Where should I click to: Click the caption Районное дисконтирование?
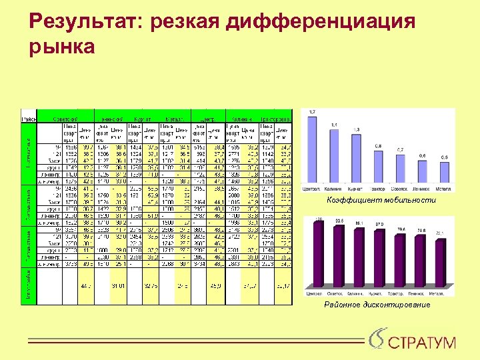click(x=377, y=305)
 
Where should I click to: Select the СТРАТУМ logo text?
click(x=422, y=343)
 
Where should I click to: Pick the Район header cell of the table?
click(x=29, y=118)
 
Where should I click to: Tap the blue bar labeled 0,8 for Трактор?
click(x=378, y=167)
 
